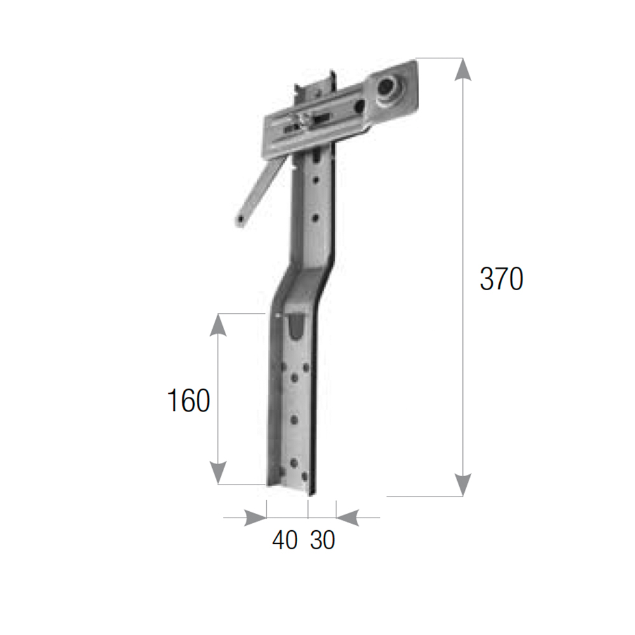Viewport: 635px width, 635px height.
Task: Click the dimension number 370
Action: (x=502, y=279)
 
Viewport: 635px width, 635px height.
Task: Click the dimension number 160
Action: (x=189, y=400)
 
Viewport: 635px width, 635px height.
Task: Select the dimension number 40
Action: (x=284, y=540)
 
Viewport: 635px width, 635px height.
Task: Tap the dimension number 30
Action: (x=323, y=540)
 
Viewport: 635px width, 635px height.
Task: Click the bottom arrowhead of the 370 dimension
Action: (x=462, y=485)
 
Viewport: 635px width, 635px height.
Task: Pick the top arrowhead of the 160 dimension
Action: (x=218, y=324)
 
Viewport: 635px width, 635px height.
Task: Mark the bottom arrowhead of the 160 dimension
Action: (x=218, y=473)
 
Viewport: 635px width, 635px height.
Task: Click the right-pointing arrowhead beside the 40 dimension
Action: (x=255, y=518)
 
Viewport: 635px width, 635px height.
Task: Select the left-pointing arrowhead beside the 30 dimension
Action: (x=347, y=518)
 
